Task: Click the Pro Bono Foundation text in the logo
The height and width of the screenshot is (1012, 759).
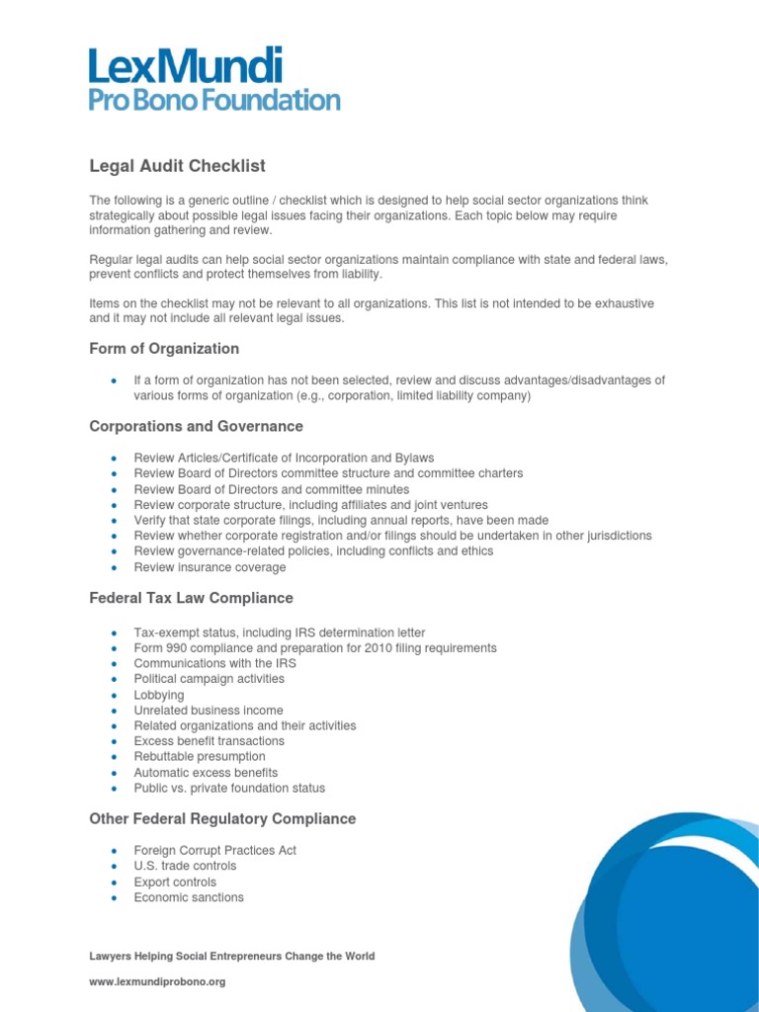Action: (x=214, y=100)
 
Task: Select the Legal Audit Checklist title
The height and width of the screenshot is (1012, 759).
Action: (x=177, y=166)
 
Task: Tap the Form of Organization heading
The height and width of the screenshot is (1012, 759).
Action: (x=164, y=349)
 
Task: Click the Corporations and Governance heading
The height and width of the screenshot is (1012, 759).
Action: (x=196, y=427)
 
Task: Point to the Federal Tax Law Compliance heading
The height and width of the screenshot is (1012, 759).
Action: (x=191, y=598)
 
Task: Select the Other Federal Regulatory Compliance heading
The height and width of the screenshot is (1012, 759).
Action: (x=222, y=819)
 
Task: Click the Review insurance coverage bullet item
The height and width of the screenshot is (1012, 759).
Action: (x=210, y=567)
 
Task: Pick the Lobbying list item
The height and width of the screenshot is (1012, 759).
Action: (x=159, y=695)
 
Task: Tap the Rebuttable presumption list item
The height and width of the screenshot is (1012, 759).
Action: (x=200, y=757)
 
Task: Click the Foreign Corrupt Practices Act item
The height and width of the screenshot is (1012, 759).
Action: (x=214, y=851)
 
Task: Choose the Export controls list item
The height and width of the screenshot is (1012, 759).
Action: (x=175, y=883)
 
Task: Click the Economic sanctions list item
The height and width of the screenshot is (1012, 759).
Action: (x=189, y=897)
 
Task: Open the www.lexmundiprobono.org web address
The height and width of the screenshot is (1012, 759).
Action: (x=157, y=982)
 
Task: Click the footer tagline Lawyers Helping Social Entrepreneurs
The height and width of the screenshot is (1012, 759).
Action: (x=231, y=957)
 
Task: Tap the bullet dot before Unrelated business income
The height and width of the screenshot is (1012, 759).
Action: (x=115, y=711)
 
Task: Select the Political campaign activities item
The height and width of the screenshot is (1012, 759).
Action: (x=209, y=679)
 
